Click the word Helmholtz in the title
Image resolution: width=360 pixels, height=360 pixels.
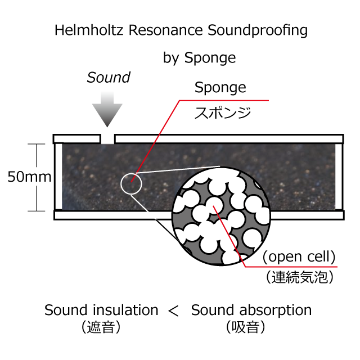89,30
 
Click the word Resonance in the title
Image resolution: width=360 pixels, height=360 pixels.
165,30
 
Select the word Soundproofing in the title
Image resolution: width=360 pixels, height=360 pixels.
258,31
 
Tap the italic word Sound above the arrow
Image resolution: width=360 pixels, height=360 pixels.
109,78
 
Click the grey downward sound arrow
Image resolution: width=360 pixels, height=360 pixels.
107,109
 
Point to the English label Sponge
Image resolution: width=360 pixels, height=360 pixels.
220,88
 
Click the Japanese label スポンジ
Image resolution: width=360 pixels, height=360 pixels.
223,112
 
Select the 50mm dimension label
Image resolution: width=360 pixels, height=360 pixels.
29,177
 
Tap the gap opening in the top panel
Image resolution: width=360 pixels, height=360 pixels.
107,139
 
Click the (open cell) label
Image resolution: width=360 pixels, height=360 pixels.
299,256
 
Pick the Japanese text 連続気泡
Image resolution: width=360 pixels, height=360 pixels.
300,277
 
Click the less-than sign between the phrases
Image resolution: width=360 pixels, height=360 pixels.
173,310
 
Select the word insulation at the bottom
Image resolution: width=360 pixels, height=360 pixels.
125,310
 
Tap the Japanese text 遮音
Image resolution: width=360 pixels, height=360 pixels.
101,327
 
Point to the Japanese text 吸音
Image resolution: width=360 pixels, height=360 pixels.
245,327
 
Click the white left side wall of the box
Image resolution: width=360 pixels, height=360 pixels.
58,177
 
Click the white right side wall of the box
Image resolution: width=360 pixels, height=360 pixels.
339,177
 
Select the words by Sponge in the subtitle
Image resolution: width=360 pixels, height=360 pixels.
199,58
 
